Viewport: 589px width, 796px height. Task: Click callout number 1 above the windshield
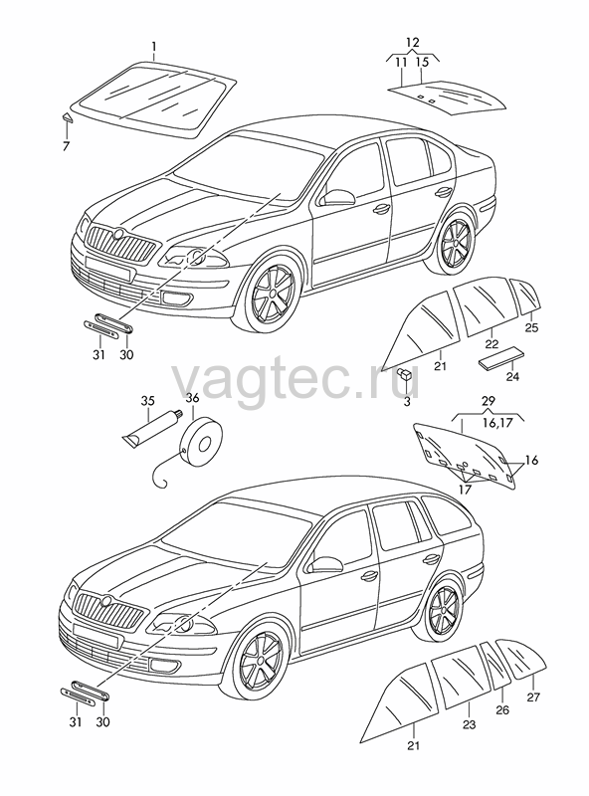click(x=154, y=48)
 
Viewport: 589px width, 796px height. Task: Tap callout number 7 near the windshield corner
click(x=66, y=146)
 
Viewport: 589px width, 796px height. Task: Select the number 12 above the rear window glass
click(x=413, y=43)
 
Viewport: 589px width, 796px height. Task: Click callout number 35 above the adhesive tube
click(x=148, y=401)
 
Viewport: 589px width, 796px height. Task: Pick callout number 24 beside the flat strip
click(x=512, y=377)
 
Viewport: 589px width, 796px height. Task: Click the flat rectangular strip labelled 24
click(x=501, y=358)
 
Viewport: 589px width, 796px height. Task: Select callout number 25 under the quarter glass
click(x=531, y=327)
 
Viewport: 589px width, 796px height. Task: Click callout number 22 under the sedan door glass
click(x=491, y=344)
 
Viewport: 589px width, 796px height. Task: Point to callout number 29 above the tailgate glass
click(x=488, y=401)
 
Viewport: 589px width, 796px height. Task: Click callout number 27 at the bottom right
click(x=533, y=697)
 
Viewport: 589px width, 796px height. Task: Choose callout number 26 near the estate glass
click(x=502, y=709)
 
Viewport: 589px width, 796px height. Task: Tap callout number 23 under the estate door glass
click(x=469, y=724)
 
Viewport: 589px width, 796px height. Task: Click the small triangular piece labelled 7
click(x=67, y=117)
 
